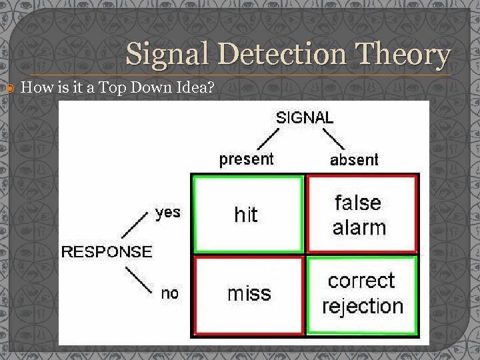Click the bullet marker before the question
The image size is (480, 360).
8,87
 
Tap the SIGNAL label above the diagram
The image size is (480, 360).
305,117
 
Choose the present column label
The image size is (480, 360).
246,159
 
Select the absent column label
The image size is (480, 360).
354,159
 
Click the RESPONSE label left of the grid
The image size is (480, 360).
107,251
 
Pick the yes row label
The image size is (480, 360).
167,212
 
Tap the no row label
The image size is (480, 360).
170,293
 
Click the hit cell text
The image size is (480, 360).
246,214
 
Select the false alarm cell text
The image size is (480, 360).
359,215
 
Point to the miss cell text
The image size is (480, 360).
249,293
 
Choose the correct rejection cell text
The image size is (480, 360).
363,293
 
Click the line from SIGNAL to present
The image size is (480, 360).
267,139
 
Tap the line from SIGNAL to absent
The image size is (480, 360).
333,139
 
